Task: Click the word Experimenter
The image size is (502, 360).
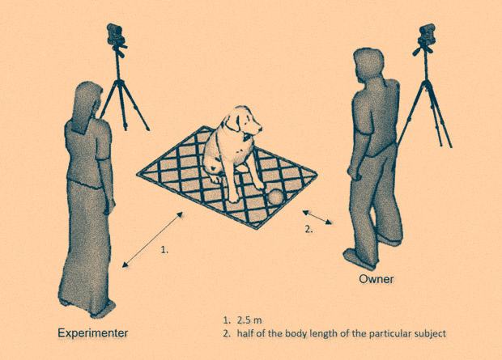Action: [93, 333]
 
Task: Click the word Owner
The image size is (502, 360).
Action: [376, 279]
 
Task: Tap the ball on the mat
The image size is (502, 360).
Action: [276, 197]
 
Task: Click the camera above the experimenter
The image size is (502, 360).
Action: [116, 35]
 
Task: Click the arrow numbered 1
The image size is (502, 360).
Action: [153, 239]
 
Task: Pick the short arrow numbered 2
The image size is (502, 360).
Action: [317, 218]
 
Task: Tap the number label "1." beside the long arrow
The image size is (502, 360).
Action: [164, 250]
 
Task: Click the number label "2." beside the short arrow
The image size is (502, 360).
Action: [308, 229]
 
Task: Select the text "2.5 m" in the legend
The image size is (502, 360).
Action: [249, 320]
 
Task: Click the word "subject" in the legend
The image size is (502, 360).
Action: [430, 334]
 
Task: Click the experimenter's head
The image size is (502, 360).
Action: [87, 96]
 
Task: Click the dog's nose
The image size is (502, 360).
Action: [260, 129]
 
